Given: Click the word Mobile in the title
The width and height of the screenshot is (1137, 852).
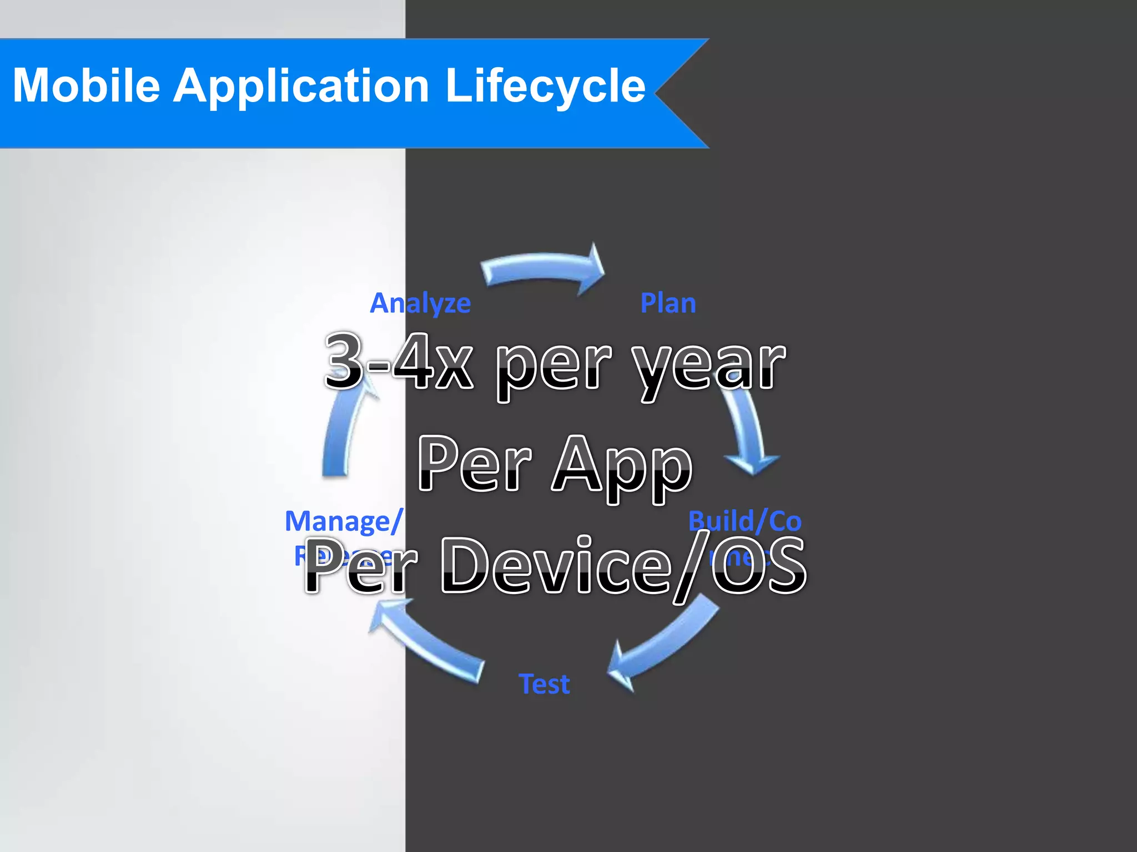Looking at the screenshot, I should [x=87, y=85].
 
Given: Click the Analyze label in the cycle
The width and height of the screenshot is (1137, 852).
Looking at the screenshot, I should [x=420, y=303].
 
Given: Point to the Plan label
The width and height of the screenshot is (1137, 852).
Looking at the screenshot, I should [x=668, y=303].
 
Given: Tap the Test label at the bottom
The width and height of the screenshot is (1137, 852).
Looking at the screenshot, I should [x=544, y=684].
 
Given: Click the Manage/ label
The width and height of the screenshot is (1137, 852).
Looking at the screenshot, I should [x=343, y=521].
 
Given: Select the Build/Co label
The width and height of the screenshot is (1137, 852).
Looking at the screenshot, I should [x=744, y=521].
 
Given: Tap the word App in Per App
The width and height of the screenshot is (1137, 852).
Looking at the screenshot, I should [x=622, y=466].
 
